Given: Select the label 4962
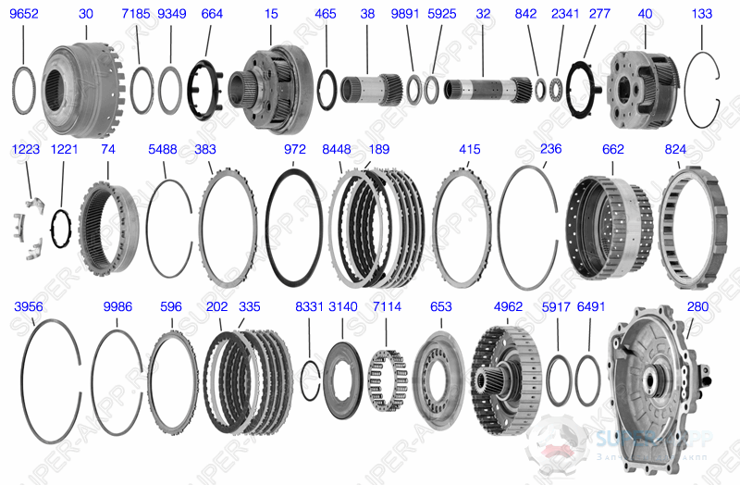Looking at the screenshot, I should (509, 305).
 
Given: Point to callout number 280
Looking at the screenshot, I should (697, 305).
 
